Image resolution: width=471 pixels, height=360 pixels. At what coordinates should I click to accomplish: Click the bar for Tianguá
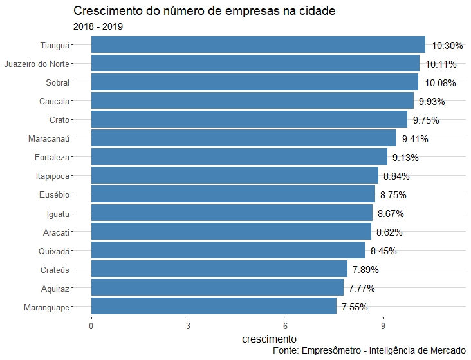(257, 44)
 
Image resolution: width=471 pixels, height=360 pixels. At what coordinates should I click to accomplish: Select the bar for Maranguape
(214, 307)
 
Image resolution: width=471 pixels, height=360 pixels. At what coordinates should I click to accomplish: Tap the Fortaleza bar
(239, 157)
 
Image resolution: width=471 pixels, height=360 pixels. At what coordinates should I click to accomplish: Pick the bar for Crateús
(219, 269)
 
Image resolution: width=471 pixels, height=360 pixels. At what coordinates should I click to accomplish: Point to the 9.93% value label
(432, 101)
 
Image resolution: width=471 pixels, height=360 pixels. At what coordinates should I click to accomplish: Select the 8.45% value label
(383, 251)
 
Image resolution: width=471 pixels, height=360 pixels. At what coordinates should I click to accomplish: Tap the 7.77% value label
(362, 288)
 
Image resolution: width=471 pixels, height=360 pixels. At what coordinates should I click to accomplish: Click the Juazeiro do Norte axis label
(37, 64)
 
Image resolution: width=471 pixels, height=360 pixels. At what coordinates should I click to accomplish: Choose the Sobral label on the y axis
(57, 82)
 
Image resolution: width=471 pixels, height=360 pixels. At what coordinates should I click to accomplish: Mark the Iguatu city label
(58, 213)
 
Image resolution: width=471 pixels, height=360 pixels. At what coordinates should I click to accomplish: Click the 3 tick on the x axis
(189, 326)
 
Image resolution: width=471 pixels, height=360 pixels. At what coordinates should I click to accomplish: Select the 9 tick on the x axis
(383, 326)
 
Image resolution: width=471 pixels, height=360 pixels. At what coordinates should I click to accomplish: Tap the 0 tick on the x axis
(91, 326)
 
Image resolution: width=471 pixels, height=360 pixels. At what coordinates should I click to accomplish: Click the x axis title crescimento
(269, 339)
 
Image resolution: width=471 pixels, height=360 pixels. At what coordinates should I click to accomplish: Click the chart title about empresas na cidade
(204, 11)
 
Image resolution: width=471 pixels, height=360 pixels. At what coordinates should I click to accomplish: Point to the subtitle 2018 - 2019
(98, 26)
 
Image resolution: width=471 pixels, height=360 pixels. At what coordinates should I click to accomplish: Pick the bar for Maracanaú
(243, 138)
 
